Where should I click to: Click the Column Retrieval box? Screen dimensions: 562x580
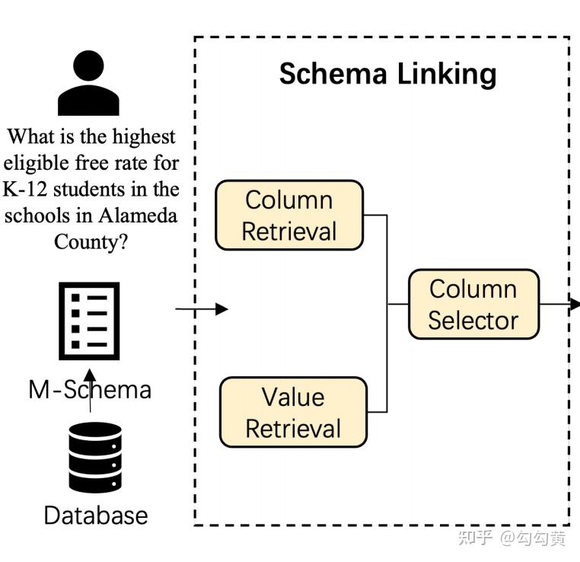pyautogui.click(x=289, y=216)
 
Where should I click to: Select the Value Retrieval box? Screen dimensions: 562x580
pyautogui.click(x=293, y=413)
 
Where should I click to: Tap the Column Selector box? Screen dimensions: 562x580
pyautogui.click(x=473, y=304)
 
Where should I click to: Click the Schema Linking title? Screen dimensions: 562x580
pyautogui.click(x=387, y=74)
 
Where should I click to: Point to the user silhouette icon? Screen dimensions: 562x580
pyautogui.click(x=88, y=83)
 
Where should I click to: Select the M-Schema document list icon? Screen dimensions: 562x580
pyautogui.click(x=89, y=321)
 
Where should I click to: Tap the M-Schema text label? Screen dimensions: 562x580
pyautogui.click(x=90, y=390)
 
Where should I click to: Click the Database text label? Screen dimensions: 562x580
pyautogui.click(x=96, y=516)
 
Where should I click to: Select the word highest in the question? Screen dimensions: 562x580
pyautogui.click(x=144, y=137)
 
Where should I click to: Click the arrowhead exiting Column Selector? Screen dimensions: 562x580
pyautogui.click(x=573, y=305)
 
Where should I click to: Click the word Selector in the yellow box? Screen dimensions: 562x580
pyautogui.click(x=472, y=320)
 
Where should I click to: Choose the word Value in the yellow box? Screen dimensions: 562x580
pyautogui.click(x=293, y=397)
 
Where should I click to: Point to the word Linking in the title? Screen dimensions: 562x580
pyautogui.click(x=450, y=75)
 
